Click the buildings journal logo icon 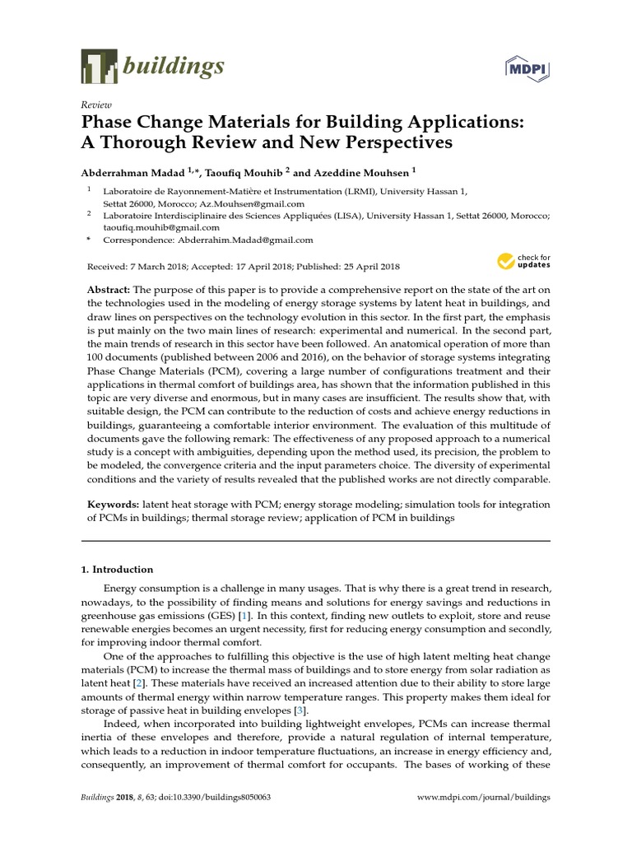click(99, 65)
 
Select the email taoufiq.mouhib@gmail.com click(161, 227)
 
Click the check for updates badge click(523, 262)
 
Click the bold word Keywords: click(113, 503)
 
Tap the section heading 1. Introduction click(117, 569)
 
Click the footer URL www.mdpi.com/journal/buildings click(484, 798)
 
